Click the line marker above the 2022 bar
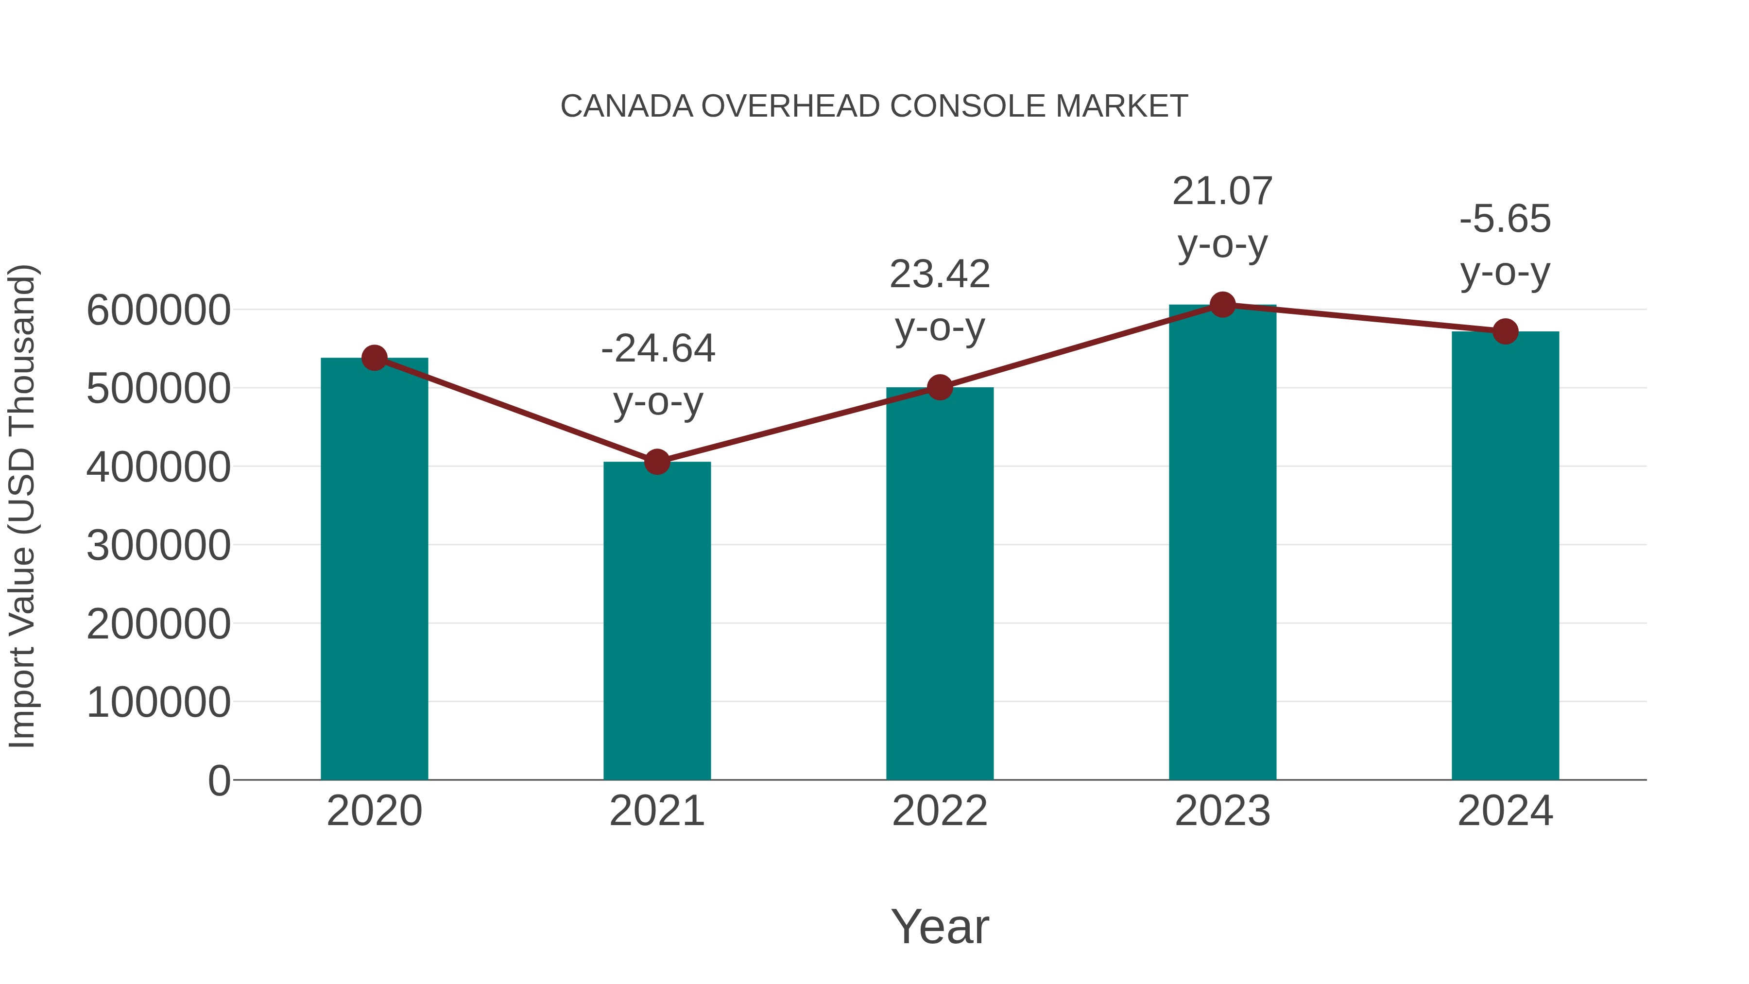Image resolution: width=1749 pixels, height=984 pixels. click(940, 388)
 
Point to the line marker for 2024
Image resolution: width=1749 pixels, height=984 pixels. click(1505, 331)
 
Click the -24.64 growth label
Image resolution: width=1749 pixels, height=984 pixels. click(658, 349)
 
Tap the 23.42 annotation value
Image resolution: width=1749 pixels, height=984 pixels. click(940, 275)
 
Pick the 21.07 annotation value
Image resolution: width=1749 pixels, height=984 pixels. click(1222, 191)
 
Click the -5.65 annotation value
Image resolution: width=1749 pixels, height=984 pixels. click(1505, 219)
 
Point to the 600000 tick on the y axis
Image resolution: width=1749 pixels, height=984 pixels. click(158, 311)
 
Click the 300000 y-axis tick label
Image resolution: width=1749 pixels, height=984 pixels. click(158, 546)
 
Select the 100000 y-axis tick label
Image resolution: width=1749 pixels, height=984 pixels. click(158, 703)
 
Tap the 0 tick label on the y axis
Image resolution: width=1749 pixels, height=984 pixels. click(219, 781)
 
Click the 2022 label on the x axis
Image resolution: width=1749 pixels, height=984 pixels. click(940, 811)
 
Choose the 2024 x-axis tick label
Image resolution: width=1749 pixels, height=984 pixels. click(1505, 811)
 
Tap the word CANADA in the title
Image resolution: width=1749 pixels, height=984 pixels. click(627, 106)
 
